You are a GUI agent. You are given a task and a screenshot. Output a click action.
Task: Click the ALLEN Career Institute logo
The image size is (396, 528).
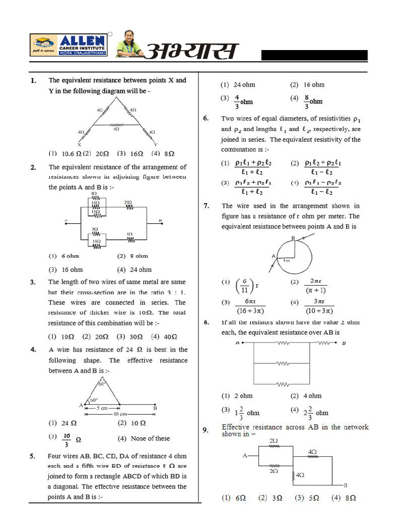point(69,45)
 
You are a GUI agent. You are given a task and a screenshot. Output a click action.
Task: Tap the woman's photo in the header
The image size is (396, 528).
point(128,44)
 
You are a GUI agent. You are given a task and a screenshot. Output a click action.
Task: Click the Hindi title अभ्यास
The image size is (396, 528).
point(192,51)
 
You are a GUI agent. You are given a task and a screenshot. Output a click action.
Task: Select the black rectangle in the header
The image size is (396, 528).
point(314,56)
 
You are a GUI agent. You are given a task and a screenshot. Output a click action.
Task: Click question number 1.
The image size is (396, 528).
point(34,80)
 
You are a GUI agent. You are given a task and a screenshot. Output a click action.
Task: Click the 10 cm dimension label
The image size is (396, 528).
point(120,414)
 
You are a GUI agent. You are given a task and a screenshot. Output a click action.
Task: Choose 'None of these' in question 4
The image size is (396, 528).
point(144,439)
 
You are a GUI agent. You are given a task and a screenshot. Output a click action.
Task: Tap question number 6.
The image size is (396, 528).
point(206,118)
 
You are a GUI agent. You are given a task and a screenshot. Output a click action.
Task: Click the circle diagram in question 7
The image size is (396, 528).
point(294,255)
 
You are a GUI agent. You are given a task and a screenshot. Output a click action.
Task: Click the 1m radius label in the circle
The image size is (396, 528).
point(287,261)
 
